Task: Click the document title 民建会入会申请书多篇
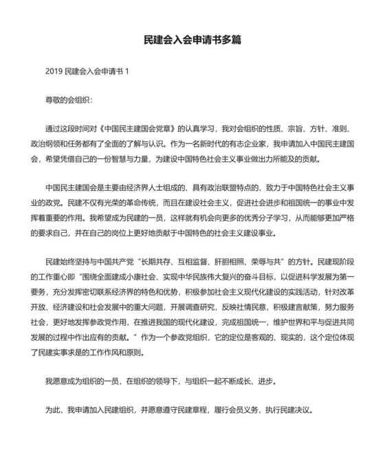pyautogui.click(x=192, y=40)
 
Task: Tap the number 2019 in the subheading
pyautogui.click(x=54, y=72)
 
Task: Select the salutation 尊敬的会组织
pyautogui.click(x=67, y=100)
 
